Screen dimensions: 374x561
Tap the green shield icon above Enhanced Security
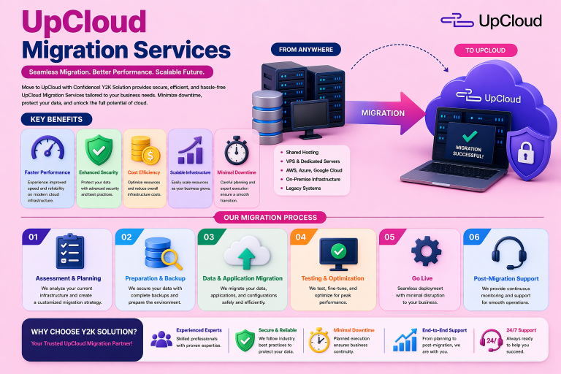[x=98, y=150]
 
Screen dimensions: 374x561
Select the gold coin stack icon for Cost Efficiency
[x=142, y=150]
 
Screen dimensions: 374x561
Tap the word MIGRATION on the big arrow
[x=383, y=113]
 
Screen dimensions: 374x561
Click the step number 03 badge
[x=208, y=237]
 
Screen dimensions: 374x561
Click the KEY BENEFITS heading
[x=56, y=119]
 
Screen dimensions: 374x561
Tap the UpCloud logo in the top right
[x=492, y=20]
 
